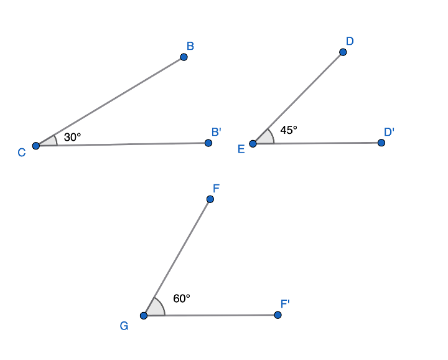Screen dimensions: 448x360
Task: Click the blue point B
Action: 184,57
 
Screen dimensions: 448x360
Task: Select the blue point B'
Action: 208,143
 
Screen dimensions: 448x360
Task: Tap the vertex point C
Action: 36,146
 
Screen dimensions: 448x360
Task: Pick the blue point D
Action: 343,52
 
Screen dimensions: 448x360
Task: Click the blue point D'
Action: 381,143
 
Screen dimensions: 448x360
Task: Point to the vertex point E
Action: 253,143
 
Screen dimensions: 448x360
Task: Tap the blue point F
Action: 210,199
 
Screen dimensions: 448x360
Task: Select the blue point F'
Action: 278,315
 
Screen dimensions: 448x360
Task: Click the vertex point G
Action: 144,315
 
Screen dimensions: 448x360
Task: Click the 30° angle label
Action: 72,137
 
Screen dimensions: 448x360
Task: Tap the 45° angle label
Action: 289,130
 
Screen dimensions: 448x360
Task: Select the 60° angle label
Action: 182,298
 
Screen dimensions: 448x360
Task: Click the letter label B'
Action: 217,132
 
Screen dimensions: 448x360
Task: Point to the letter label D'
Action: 389,132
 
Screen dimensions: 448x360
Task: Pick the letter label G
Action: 124,326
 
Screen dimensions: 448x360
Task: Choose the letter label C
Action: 22,153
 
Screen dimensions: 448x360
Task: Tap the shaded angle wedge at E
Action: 266,138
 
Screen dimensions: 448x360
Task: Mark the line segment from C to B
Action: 110,102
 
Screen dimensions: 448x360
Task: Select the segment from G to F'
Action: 210,315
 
